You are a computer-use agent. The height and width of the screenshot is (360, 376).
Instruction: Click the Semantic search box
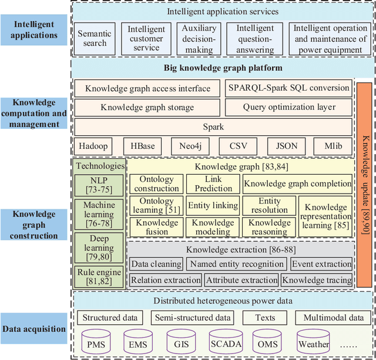95,38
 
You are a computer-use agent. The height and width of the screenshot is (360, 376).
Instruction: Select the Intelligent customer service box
146,39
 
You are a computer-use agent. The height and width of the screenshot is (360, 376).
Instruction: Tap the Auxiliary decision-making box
199,39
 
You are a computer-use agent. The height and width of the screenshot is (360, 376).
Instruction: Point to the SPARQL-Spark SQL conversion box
288,89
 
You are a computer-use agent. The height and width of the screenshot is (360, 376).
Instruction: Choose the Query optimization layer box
288,107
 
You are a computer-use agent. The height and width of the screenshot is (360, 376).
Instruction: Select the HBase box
142,145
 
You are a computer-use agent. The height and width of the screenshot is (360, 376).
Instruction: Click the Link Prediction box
213,184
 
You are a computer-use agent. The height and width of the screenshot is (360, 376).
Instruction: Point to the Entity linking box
213,206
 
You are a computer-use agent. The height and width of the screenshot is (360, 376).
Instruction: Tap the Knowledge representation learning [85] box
325,215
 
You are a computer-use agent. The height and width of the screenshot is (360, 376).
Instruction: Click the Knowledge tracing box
317,280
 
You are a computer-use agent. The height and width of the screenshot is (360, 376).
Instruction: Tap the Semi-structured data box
193,318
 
